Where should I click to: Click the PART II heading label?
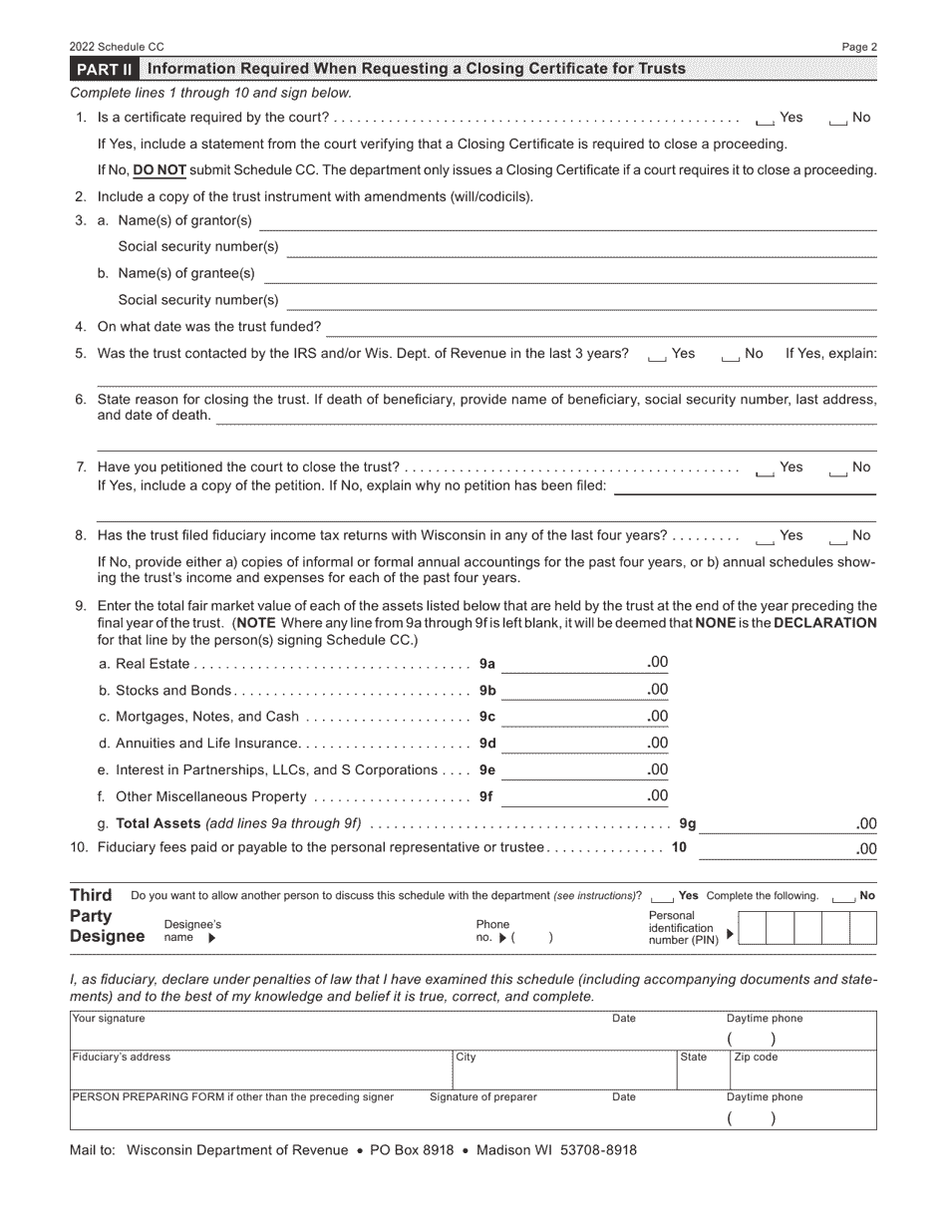(104, 69)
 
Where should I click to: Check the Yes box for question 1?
(765, 119)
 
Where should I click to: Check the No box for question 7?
(837, 468)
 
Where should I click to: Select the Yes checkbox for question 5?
(657, 355)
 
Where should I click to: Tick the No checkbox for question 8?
(837, 537)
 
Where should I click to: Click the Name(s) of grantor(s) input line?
(568, 221)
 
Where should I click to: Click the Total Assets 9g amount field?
(777, 824)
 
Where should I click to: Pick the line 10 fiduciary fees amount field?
(777, 848)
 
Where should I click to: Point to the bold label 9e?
(487, 770)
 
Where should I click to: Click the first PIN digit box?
(753, 929)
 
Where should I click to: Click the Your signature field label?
(109, 1019)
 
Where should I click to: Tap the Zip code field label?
(756, 1058)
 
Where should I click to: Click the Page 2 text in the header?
(859, 47)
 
